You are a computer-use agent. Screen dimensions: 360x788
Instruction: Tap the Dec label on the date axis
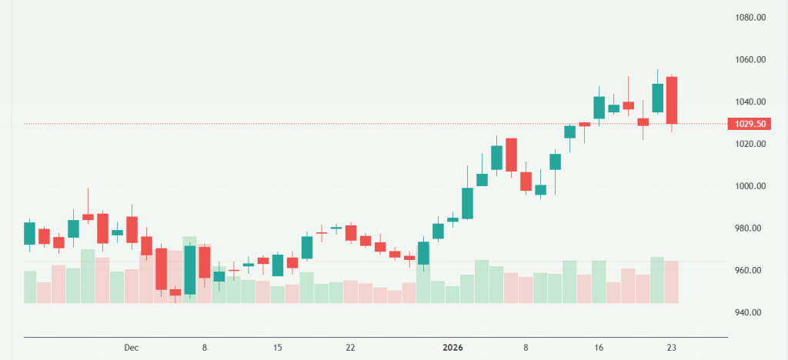pyautogui.click(x=131, y=348)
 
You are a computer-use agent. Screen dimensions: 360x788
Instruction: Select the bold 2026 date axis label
pyautogui.click(x=453, y=348)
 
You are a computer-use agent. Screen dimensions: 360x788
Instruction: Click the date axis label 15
pyautogui.click(x=278, y=348)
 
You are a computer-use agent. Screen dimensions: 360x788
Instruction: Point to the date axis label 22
pyautogui.click(x=350, y=348)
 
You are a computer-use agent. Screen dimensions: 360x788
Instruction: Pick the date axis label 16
pyautogui.click(x=599, y=348)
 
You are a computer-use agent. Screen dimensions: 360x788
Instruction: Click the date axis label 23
pyautogui.click(x=672, y=348)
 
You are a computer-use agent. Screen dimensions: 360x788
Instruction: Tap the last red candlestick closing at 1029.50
pyautogui.click(x=672, y=100)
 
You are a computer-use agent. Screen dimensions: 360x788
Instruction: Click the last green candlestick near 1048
pyautogui.click(x=657, y=98)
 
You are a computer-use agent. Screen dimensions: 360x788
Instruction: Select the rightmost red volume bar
pyautogui.click(x=672, y=282)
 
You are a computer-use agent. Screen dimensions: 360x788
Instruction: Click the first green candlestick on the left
pyautogui.click(x=30, y=233)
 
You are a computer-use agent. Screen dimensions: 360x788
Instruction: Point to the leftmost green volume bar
pyautogui.click(x=30, y=287)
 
